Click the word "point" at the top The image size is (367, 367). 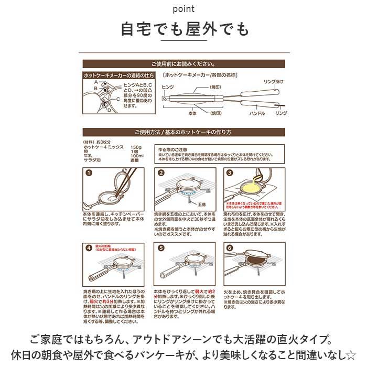pyautogui.click(x=183, y=9)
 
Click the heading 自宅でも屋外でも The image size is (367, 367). pyautogui.click(x=183, y=29)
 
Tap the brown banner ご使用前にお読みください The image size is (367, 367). pyautogui.click(x=183, y=63)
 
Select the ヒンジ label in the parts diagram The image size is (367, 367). pyautogui.click(x=167, y=86)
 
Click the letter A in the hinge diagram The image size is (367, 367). pyautogui.click(x=96, y=82)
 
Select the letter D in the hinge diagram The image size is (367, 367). pyautogui.click(x=109, y=111)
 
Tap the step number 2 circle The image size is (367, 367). pyautogui.click(x=161, y=172)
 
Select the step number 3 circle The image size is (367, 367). pyautogui.click(x=230, y=172)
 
